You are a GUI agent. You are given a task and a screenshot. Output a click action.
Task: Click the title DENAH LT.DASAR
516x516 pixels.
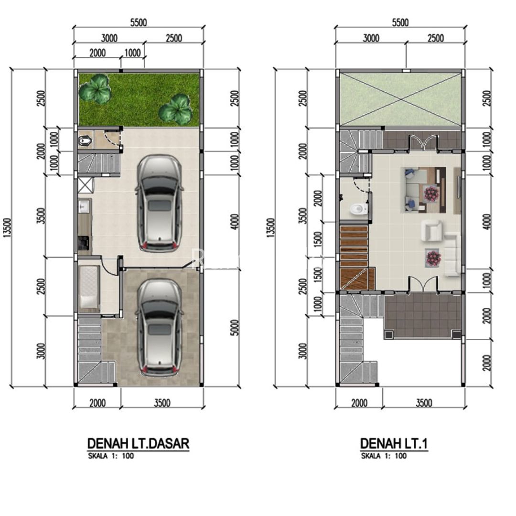click(x=138, y=443)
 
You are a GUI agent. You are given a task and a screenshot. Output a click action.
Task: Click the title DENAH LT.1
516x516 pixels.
click(x=394, y=443)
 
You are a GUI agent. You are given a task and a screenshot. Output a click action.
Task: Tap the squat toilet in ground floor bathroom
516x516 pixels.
click(x=86, y=141)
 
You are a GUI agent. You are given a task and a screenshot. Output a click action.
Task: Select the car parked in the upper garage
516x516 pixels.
click(x=159, y=204)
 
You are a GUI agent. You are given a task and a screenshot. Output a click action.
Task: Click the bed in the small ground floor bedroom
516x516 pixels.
click(x=89, y=288)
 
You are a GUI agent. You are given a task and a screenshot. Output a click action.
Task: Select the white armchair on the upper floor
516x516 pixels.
click(x=432, y=231)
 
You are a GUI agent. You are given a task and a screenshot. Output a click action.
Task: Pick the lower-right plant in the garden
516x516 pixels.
click(x=175, y=109)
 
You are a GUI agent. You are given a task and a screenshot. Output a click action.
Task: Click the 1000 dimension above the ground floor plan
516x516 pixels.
click(x=132, y=53)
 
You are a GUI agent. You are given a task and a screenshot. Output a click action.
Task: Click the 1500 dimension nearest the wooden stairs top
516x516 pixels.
click(x=317, y=239)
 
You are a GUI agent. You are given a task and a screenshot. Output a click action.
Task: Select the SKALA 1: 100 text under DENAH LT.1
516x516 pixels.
click(x=384, y=456)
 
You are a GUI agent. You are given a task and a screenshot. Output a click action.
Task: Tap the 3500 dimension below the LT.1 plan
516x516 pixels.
click(x=424, y=403)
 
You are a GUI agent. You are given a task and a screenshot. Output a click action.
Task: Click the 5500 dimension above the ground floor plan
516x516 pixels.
click(x=139, y=22)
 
